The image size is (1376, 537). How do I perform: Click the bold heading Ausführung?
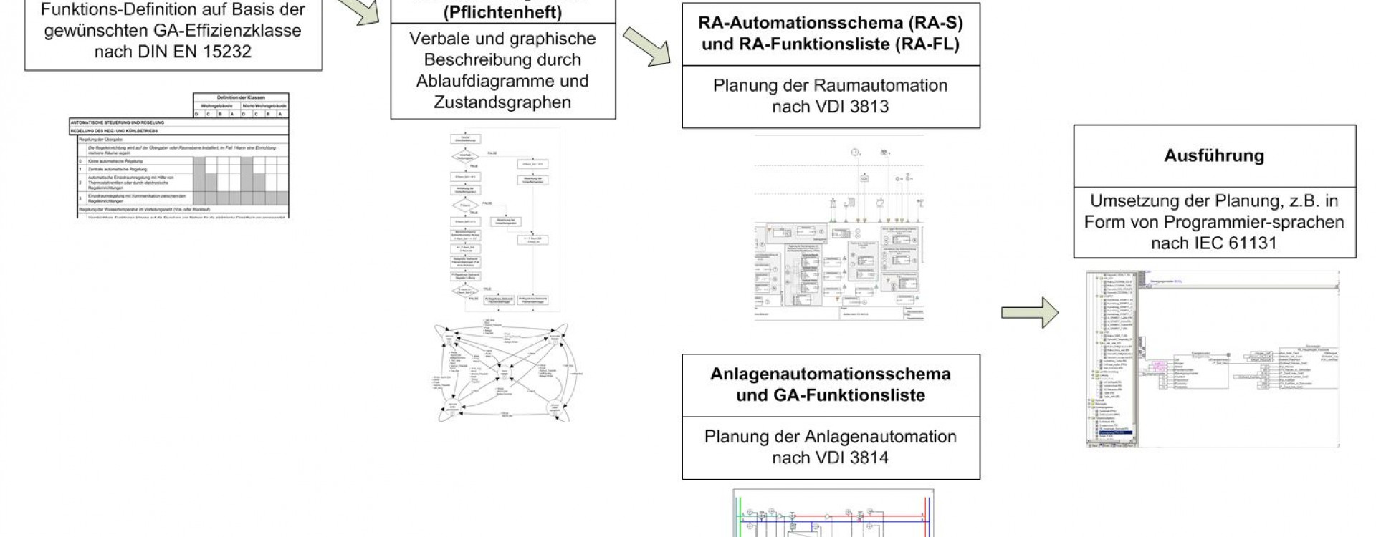click(1214, 156)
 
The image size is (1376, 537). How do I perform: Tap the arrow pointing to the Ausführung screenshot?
click(1029, 313)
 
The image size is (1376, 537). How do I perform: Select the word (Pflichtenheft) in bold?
click(502, 13)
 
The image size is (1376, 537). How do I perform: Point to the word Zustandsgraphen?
click(502, 102)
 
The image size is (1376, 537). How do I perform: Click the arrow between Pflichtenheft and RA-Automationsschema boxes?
click(646, 47)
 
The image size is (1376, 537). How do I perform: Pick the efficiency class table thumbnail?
click(179, 155)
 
